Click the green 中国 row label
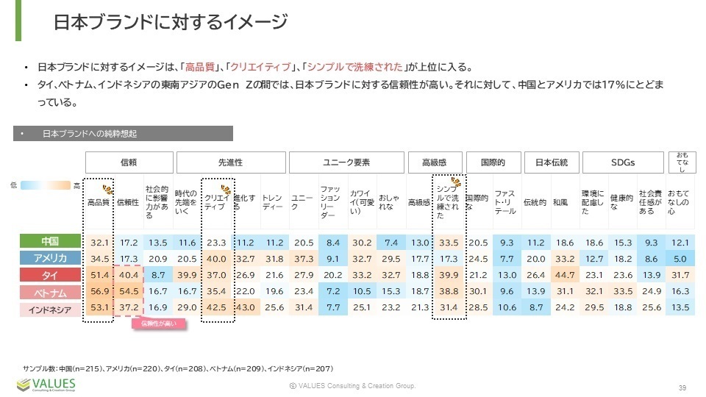[x=50, y=241]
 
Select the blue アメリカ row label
[x=50, y=258]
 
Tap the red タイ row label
[x=50, y=275]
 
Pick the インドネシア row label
[x=50, y=309]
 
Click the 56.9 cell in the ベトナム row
[x=99, y=292]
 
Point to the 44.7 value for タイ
[x=562, y=275]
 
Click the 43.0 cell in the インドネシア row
[x=245, y=309]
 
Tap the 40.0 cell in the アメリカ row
[x=216, y=258]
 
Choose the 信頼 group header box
[x=129, y=162]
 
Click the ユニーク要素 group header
[x=346, y=162]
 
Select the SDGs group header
[x=622, y=162]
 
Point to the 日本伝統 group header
[x=550, y=162]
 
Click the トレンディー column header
[x=272, y=202]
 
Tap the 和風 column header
[x=560, y=202]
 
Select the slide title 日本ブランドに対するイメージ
[x=170, y=22]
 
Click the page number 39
[x=682, y=387]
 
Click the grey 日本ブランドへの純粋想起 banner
[x=125, y=134]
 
